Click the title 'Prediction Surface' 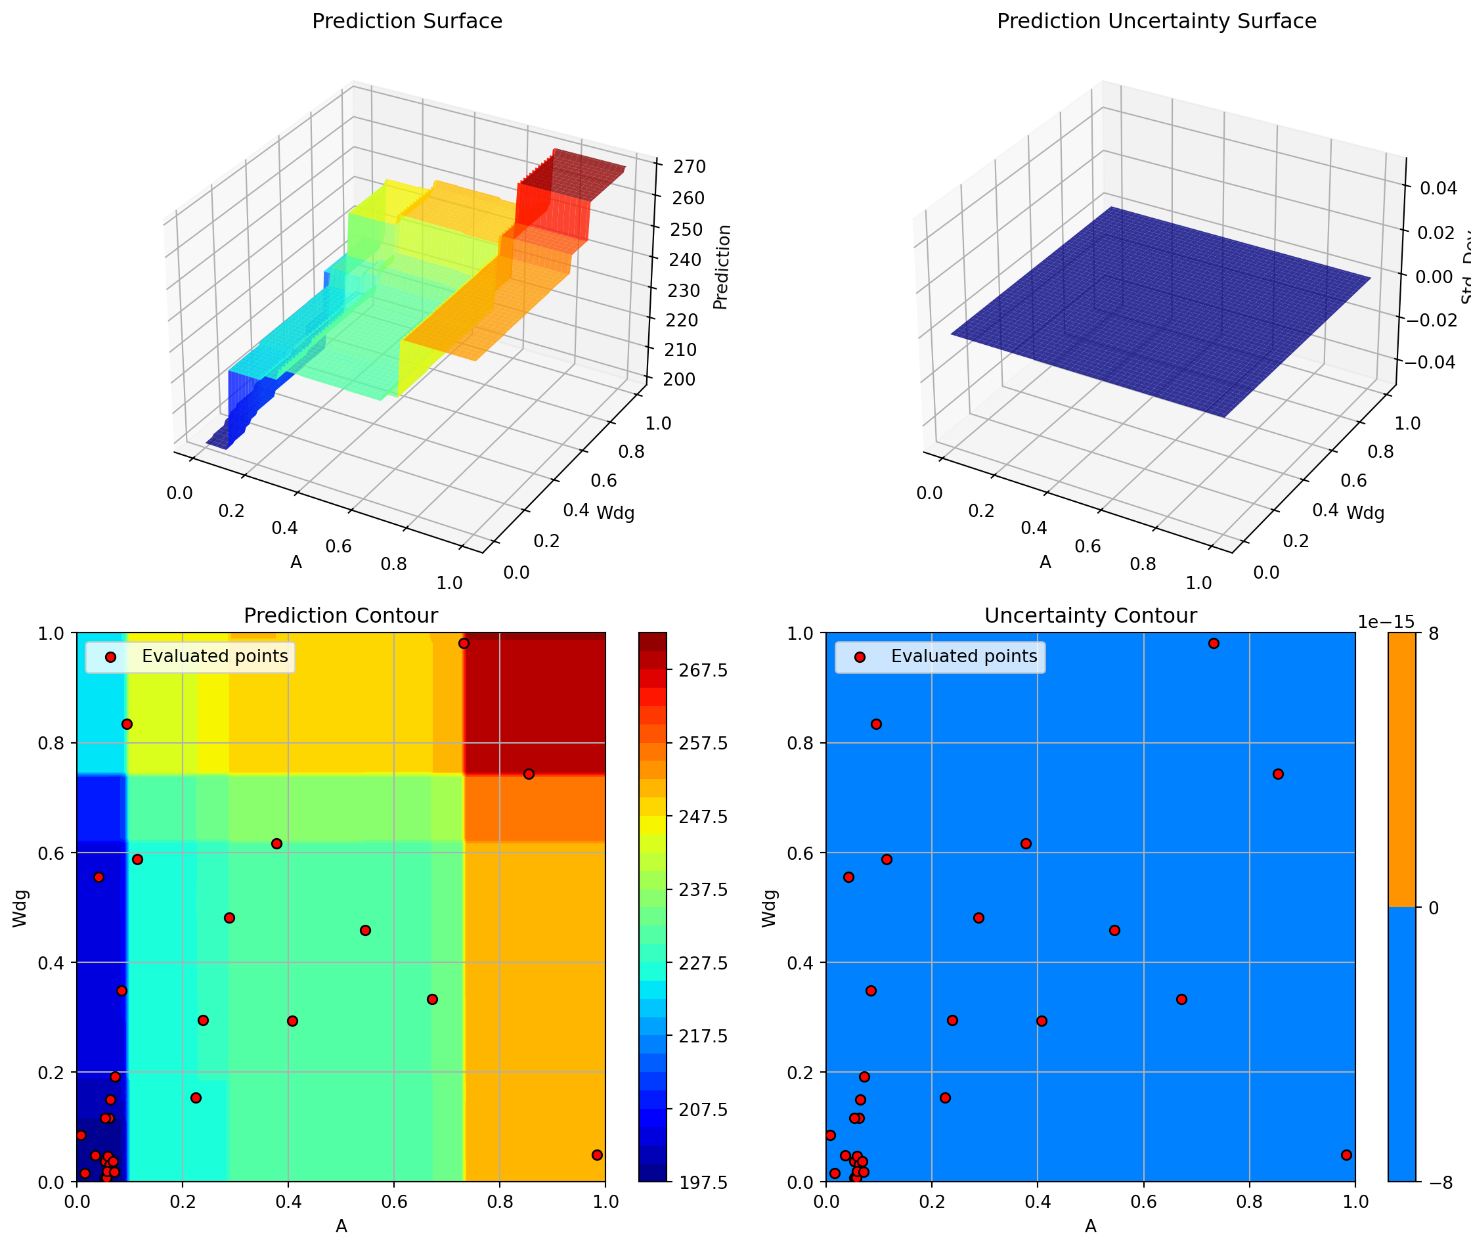click(406, 21)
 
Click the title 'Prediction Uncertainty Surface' click(1156, 21)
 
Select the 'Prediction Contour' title click(340, 615)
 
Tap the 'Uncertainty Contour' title click(1090, 615)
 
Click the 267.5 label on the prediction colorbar click(703, 670)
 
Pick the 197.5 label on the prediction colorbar click(703, 1182)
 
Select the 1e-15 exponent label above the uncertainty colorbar click(1386, 621)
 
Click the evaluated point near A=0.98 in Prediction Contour click(597, 1155)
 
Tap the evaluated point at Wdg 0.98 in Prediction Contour click(464, 643)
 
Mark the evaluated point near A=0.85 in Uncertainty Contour click(1278, 774)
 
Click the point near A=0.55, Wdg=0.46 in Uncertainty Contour click(1114, 930)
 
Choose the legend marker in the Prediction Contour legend click(110, 657)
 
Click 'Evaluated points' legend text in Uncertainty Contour click(964, 657)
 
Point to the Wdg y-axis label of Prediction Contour click(20, 908)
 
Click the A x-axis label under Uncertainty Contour click(1091, 1227)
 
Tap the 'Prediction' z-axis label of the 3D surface click(720, 267)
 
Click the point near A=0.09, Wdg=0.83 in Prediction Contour click(127, 724)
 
